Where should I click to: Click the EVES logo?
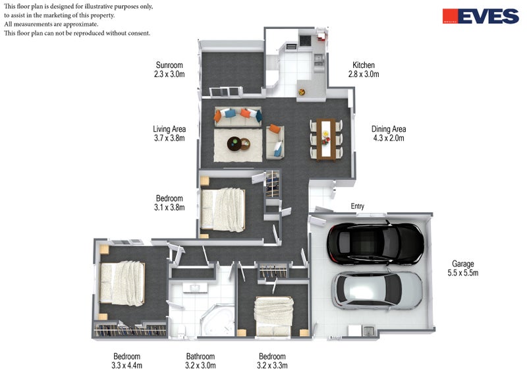[x=481, y=16]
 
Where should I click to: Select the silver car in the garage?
[x=377, y=291]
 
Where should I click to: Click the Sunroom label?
[x=169, y=70]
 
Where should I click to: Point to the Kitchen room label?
[x=364, y=70]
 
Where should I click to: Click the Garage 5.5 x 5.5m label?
[x=463, y=268]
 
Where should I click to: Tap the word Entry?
[x=357, y=206]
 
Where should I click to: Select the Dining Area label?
[x=389, y=133]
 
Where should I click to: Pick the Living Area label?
[x=169, y=133]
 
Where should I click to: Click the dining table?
[x=325, y=139]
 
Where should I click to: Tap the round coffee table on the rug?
[x=235, y=144]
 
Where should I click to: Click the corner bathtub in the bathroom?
[x=217, y=320]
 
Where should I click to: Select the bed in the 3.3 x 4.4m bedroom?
[x=123, y=283]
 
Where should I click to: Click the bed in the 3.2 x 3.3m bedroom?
[x=273, y=316]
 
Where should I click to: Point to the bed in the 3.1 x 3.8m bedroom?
[x=223, y=210]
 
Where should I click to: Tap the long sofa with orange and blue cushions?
[x=238, y=117]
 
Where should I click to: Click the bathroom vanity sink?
[x=195, y=288]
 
